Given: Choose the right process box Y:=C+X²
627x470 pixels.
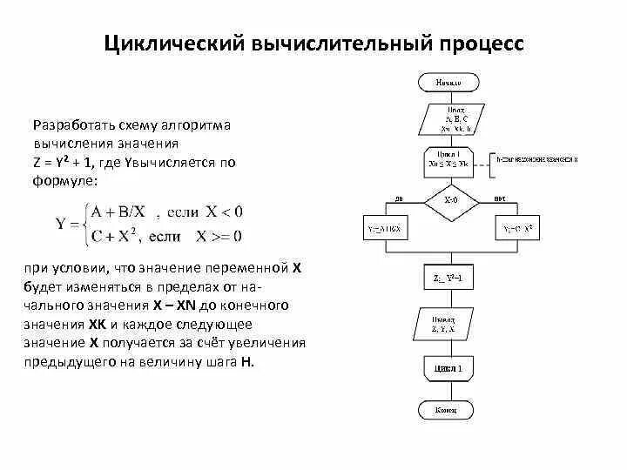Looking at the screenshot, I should pyautogui.click(x=517, y=230).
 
